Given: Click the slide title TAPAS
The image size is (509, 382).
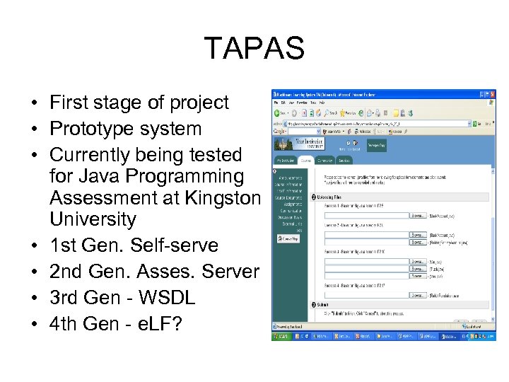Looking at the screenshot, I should [254, 49].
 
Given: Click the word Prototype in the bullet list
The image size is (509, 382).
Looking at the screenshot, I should [91, 129].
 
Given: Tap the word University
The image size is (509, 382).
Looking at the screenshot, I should [93, 219].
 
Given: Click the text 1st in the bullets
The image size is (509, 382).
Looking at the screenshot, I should [63, 245].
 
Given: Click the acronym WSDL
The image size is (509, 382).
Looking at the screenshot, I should [168, 297].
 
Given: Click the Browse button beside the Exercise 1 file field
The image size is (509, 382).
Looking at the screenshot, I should [418, 215].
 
